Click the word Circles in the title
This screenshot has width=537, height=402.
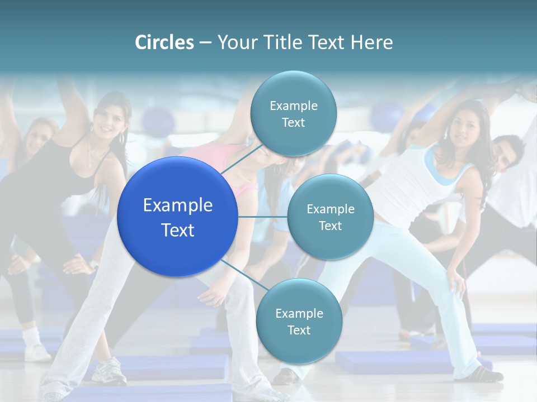(x=164, y=42)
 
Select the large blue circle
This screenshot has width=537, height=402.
(x=177, y=217)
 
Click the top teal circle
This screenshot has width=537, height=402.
(x=293, y=113)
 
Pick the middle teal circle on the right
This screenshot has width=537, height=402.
(x=330, y=217)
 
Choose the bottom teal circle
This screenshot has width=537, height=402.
(x=299, y=321)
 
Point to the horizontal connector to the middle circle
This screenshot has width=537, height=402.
(x=262, y=217)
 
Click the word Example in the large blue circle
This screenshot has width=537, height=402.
(x=177, y=205)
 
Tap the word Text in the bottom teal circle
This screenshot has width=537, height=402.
(x=299, y=330)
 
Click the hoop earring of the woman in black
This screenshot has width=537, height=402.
(x=122, y=138)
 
